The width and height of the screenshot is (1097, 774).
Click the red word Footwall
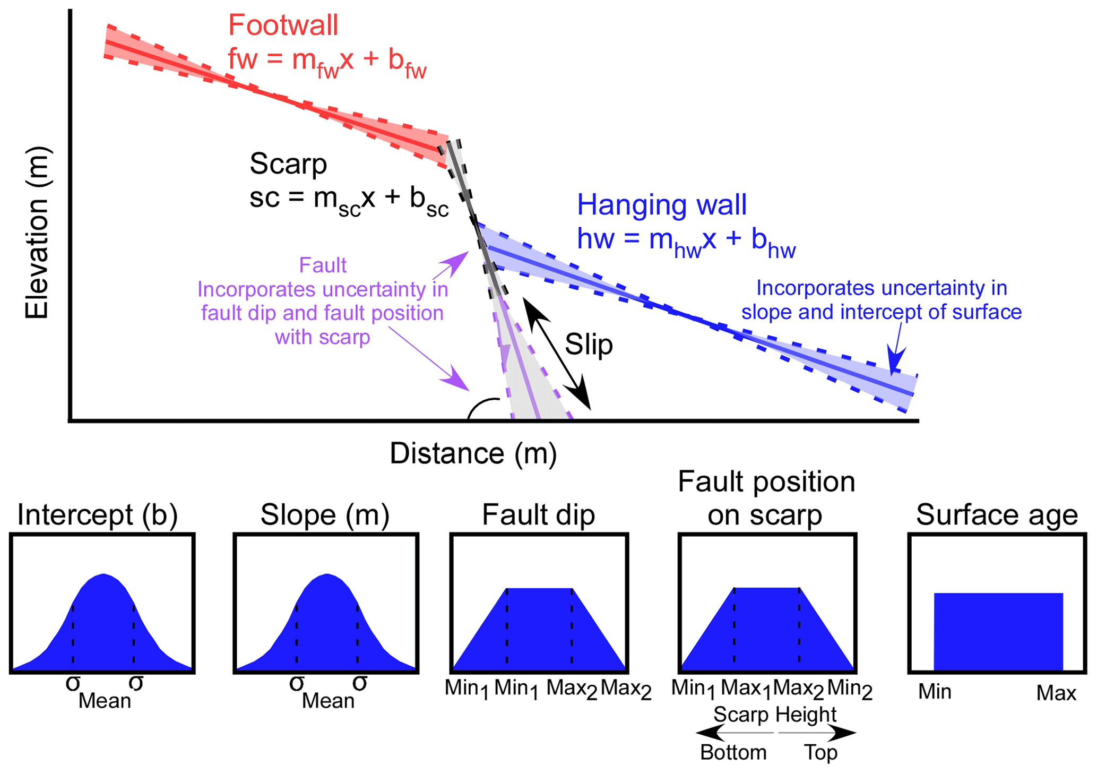(283, 25)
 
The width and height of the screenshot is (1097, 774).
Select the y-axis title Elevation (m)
(37, 233)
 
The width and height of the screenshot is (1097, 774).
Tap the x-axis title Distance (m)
(473, 453)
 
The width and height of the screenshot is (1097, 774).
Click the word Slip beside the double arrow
(589, 345)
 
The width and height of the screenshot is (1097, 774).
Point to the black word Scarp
(288, 164)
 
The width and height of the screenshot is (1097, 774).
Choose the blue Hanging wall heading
(662, 205)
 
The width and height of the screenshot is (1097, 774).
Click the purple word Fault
(323, 265)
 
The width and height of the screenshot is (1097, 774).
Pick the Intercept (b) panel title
(98, 514)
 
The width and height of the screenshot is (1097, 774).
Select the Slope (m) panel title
(325, 514)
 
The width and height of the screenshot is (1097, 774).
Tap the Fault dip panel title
(538, 514)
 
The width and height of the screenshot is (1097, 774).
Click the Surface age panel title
(997, 514)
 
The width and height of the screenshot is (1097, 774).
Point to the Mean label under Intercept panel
(105, 701)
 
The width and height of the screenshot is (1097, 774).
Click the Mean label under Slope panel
(328, 701)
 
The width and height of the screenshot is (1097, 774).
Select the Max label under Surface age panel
(1056, 693)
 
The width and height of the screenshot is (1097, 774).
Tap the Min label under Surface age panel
(935, 692)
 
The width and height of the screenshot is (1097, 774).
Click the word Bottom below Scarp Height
(733, 753)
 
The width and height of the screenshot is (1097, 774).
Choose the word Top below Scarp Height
(820, 753)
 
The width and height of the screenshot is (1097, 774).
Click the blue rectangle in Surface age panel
(998, 631)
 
